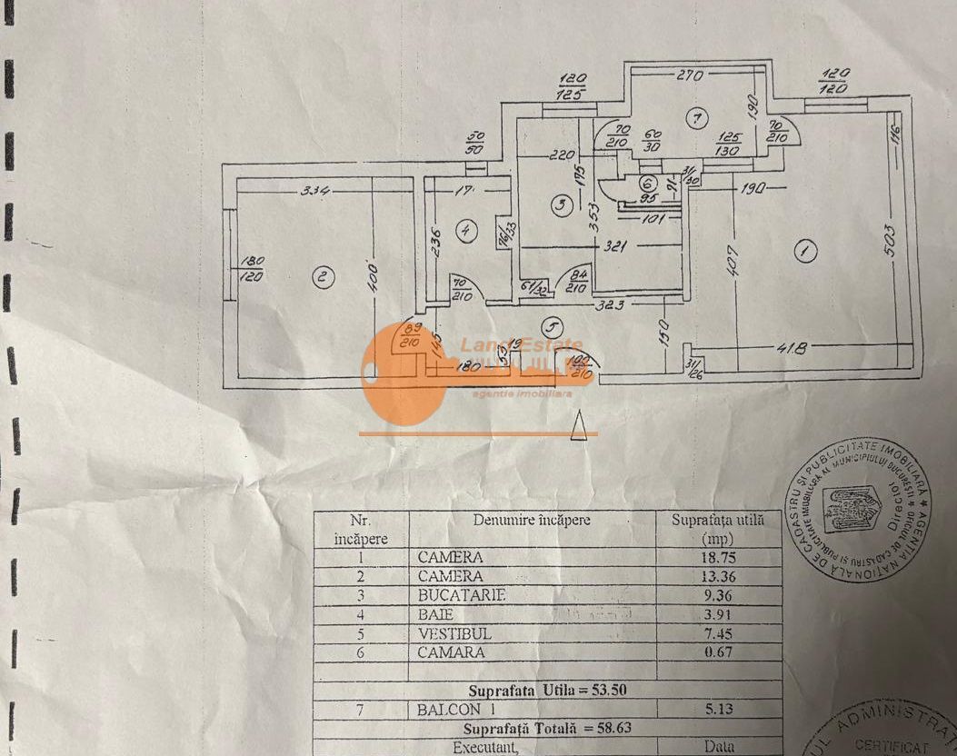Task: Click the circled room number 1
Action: [802, 249]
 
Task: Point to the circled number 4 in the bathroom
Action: [466, 231]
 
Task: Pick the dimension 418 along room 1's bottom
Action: [793, 348]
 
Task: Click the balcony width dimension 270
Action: [690, 77]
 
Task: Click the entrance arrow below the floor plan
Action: [578, 425]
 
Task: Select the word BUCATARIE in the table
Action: [461, 595]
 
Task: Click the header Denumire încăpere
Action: [532, 521]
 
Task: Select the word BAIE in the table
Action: [436, 614]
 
